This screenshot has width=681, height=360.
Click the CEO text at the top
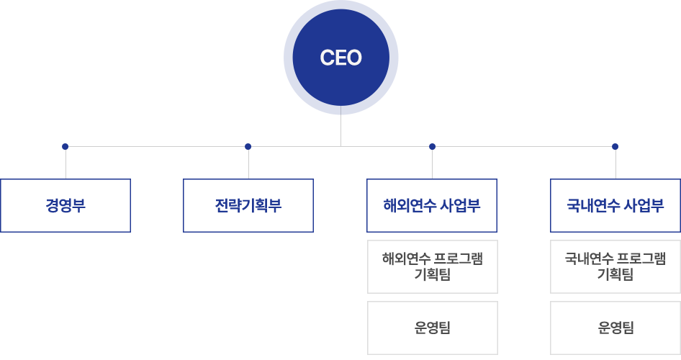340,58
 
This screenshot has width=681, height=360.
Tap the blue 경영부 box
65,205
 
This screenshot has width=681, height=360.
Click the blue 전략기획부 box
248,205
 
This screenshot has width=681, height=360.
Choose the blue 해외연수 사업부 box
431,205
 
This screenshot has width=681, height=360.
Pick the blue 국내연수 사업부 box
615,205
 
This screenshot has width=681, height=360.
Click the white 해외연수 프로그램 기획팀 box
432,266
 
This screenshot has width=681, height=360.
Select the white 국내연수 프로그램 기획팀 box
615,266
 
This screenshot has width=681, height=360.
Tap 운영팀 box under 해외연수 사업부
432,328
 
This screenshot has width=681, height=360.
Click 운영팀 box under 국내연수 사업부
615,328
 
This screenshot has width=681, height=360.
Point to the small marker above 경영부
65,148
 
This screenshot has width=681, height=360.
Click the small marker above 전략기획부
248,148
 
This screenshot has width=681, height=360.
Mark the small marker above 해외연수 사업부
432,148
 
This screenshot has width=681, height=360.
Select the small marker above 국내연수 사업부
614,148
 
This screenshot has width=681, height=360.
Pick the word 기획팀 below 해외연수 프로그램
432,275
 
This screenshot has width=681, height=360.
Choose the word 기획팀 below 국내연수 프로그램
615,275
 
